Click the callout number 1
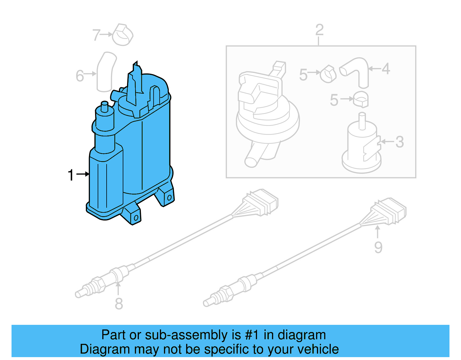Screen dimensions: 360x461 [x=71, y=175]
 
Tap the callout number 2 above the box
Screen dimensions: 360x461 [x=319, y=30]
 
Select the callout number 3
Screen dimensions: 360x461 [x=399, y=142]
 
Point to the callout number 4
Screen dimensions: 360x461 [x=386, y=69]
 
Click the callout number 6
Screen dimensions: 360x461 [x=80, y=76]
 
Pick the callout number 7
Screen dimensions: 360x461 [x=96, y=35]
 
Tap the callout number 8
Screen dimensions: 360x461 [x=119, y=304]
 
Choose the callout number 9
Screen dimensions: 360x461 [x=378, y=247]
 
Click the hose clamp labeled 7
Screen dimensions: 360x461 [x=122, y=35]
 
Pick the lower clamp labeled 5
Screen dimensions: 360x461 [x=361, y=99]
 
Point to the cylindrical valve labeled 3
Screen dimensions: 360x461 [x=361, y=144]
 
